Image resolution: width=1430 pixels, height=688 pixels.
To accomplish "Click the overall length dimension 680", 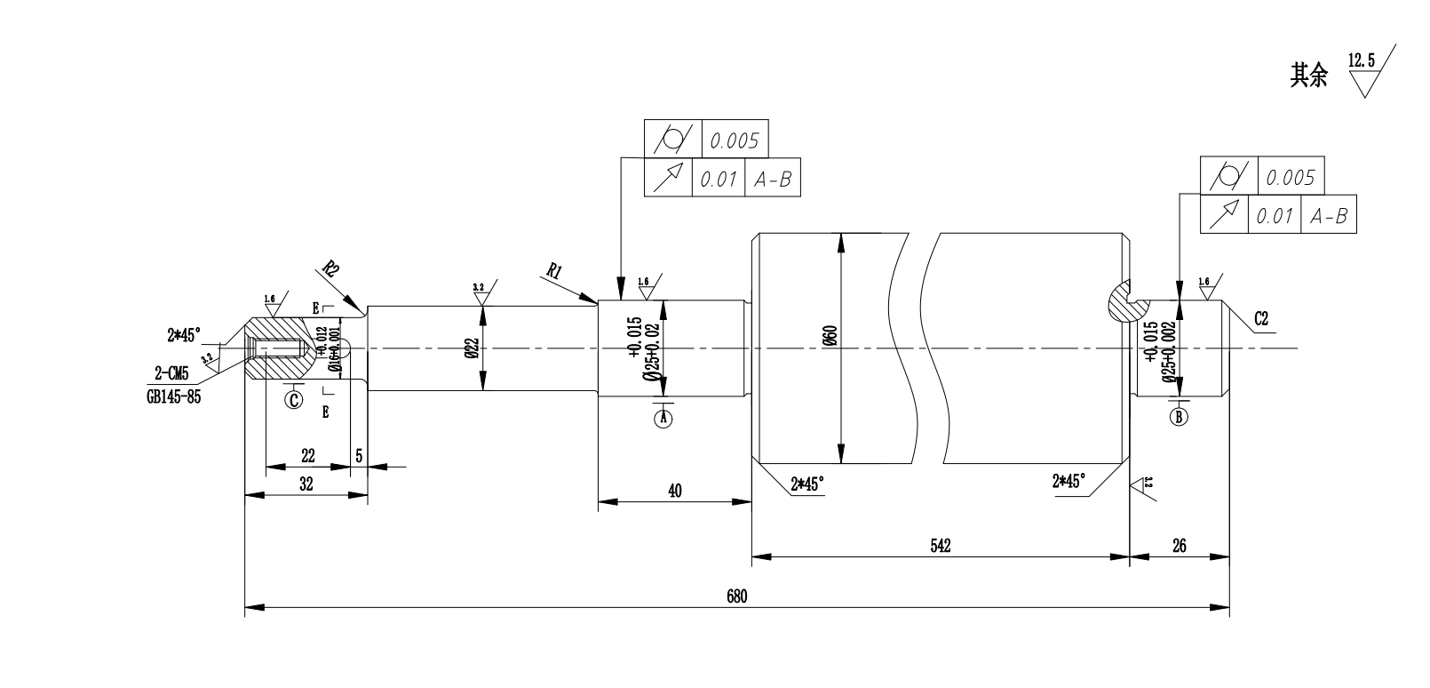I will (x=737, y=596).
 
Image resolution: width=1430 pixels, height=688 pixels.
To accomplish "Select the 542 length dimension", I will (x=941, y=546).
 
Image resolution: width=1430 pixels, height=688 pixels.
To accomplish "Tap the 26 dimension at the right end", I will (x=1180, y=546).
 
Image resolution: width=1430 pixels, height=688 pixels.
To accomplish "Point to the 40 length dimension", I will (x=674, y=491).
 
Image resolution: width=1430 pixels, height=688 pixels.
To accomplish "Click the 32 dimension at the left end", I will (x=306, y=484).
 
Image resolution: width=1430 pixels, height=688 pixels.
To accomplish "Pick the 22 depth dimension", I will (x=307, y=455).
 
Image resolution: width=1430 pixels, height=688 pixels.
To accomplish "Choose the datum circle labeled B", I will (x=1179, y=416).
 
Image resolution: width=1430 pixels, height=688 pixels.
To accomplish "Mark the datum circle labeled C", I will (x=294, y=399).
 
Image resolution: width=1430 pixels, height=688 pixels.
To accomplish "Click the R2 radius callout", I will (x=330, y=268).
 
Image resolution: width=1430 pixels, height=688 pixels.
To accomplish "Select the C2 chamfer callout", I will (x=1261, y=318).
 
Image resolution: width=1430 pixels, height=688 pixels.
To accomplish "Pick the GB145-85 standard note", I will (x=174, y=397).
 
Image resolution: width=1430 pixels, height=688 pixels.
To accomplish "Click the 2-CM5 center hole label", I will (x=171, y=374).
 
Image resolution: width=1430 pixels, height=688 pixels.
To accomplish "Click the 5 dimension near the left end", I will (x=359, y=455).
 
